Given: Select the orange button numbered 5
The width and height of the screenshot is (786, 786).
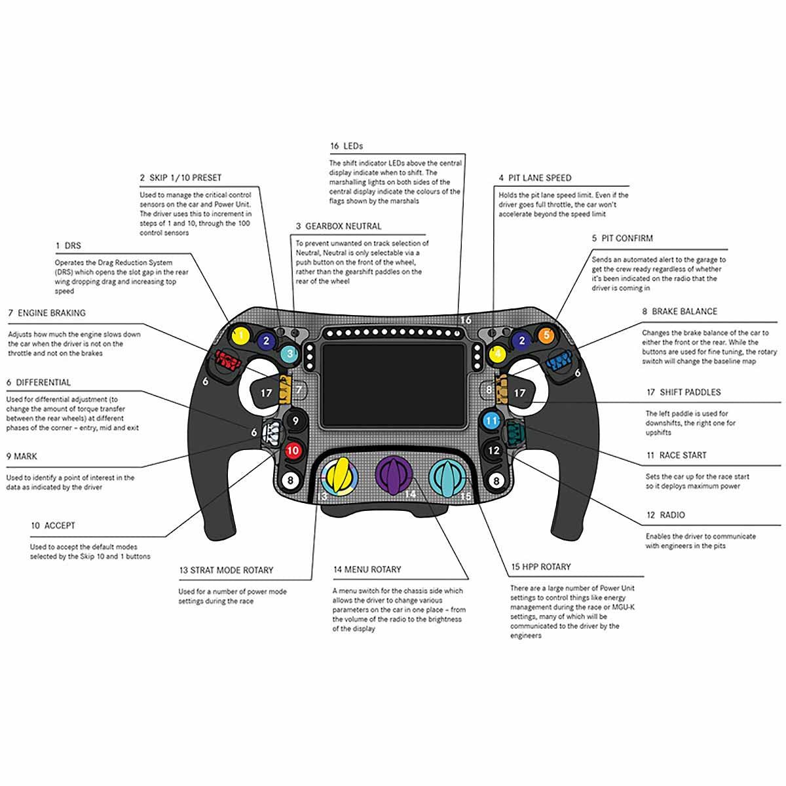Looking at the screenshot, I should tap(546, 335).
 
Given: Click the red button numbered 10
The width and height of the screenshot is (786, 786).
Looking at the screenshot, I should tap(293, 450).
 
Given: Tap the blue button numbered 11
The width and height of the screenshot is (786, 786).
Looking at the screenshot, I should tap(491, 421).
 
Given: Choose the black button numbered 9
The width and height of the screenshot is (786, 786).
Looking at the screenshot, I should tap(296, 421).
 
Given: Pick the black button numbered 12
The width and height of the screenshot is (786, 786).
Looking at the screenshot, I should tap(494, 451).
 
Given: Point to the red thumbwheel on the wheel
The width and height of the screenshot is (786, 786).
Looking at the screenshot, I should tap(226, 360).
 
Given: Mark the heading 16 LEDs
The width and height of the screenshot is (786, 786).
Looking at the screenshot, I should tap(346, 145).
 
